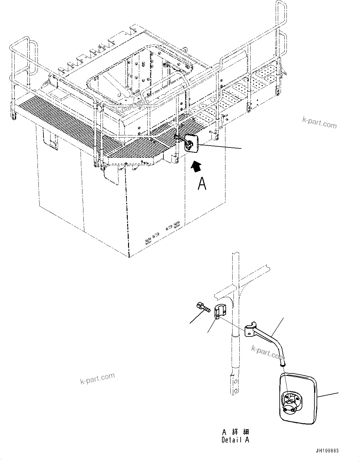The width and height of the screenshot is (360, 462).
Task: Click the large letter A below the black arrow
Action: point(202,183)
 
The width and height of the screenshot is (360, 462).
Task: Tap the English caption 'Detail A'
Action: point(235,439)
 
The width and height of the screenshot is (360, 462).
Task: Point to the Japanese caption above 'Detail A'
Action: point(236,432)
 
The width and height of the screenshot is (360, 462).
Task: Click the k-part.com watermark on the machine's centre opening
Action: point(132,106)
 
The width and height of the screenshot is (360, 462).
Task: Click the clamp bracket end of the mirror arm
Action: point(250,330)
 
